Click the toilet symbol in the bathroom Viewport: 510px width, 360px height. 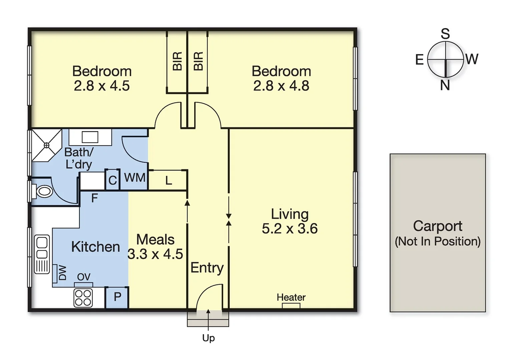click(x=43, y=191)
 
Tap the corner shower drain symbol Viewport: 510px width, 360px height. click(x=46, y=145)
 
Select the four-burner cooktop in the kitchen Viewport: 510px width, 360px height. click(x=83, y=298)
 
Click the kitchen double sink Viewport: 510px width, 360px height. click(x=42, y=249)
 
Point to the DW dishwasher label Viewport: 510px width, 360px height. click(x=62, y=273)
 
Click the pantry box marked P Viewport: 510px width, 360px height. click(x=117, y=297)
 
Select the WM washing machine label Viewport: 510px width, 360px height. click(x=134, y=178)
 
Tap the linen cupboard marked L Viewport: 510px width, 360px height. click(x=168, y=181)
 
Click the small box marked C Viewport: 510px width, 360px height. click(x=112, y=180)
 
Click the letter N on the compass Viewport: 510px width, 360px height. click(x=445, y=86)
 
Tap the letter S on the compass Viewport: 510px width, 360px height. click(x=445, y=34)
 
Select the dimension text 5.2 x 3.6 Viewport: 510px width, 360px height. click(x=290, y=229)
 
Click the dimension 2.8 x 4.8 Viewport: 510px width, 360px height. click(x=281, y=86)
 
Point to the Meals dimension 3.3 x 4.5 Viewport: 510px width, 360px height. click(x=155, y=254)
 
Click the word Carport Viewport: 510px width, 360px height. click(x=438, y=226)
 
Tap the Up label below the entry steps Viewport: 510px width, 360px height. click(x=208, y=338)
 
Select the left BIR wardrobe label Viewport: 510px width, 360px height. click(x=177, y=61)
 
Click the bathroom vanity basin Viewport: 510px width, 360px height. click(x=90, y=137)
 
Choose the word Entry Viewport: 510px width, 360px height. click(x=207, y=268)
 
